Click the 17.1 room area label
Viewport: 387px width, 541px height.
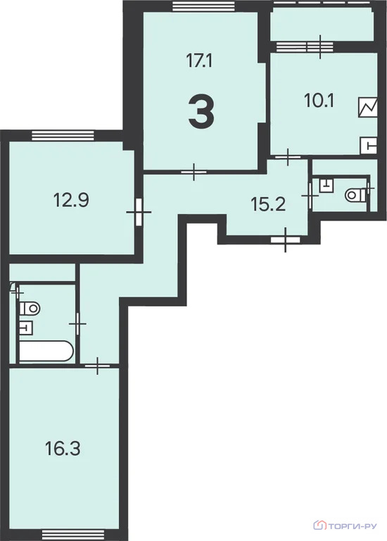tap(199, 61)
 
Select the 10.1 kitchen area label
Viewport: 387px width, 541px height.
tap(319, 101)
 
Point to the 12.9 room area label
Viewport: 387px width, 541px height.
tap(71, 200)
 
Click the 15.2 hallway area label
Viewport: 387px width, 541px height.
tap(268, 204)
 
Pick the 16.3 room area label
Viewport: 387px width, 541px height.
tap(63, 449)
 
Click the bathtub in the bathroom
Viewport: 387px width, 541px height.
tap(46, 352)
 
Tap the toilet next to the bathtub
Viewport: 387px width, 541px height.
tap(30, 308)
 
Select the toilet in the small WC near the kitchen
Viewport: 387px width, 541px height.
tap(355, 195)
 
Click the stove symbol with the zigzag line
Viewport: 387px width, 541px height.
tap(368, 107)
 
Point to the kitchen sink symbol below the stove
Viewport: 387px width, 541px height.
tap(369, 146)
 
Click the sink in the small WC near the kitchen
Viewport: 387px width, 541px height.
tap(326, 185)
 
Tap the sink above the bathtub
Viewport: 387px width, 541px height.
tap(26, 328)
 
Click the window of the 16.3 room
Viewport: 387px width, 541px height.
tap(73, 535)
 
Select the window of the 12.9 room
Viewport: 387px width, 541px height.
tap(63, 135)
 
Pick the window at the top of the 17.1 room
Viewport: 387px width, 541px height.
tap(203, 6)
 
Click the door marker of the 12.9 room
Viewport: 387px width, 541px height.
tap(139, 212)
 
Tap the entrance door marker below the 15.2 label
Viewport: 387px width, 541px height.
tap(286, 240)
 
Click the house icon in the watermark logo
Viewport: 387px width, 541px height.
tap(319, 525)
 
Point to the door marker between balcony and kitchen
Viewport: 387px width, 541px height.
tap(320, 46)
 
